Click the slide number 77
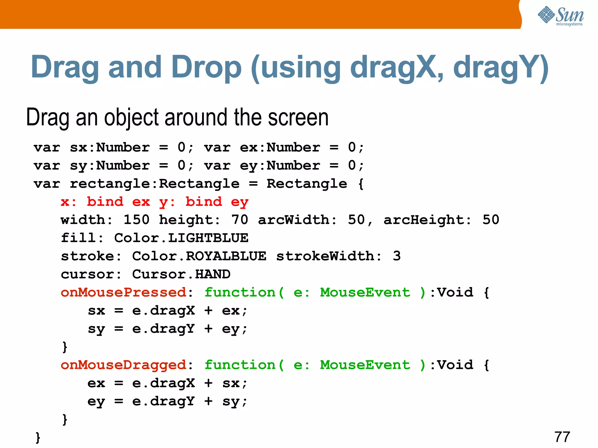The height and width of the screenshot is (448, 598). click(562, 437)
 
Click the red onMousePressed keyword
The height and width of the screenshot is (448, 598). click(123, 293)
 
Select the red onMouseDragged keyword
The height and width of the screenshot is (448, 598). click(123, 365)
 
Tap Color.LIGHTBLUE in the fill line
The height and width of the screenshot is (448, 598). click(181, 238)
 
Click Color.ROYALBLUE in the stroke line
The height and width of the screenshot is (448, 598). click(199, 256)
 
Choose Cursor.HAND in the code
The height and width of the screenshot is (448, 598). click(181, 274)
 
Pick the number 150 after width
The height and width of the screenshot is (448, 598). click(136, 220)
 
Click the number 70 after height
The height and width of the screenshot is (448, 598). click(239, 220)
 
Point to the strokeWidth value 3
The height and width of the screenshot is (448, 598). click(397, 256)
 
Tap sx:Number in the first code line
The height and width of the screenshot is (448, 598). click(110, 147)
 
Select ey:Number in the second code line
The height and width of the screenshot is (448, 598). click(280, 166)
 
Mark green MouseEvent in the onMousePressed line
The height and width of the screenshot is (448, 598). click(365, 293)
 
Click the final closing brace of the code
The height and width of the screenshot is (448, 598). click(38, 437)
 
